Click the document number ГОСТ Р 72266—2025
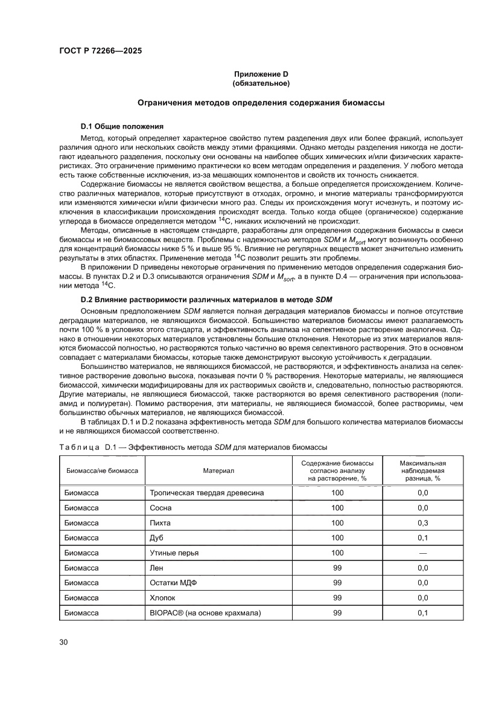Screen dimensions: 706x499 coord(101,51)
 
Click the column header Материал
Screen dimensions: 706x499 coord(218,470)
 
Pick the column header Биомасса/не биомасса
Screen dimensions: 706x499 coord(101,470)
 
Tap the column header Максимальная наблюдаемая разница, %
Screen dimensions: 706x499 coord(422,470)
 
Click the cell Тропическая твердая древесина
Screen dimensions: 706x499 coord(206,493)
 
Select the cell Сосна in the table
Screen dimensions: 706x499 coord(161,508)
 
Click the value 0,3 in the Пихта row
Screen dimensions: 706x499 coord(422,523)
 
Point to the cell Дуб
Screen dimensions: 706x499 coord(156,538)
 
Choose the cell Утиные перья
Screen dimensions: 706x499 coord(174,553)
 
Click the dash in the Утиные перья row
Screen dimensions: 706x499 coord(422,553)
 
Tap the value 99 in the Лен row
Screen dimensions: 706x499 coord(337,568)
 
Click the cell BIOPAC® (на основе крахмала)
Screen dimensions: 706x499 coord(205,613)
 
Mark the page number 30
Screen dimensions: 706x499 coord(63,641)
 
